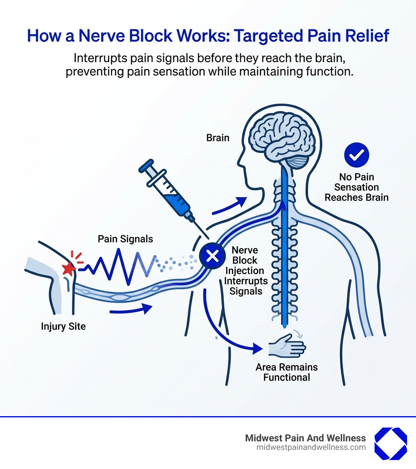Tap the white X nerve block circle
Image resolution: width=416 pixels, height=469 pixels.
tap(212, 256)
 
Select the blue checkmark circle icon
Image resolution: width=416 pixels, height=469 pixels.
tap(356, 155)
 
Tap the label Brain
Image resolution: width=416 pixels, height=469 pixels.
tap(218, 138)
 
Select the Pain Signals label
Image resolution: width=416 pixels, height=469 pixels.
tap(126, 239)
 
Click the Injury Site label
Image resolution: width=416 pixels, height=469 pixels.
tap(63, 326)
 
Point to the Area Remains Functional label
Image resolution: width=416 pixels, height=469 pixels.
tap(286, 372)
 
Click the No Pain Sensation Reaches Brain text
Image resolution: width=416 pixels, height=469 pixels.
tap(356, 187)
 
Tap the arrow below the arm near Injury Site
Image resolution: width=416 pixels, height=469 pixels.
tap(130, 311)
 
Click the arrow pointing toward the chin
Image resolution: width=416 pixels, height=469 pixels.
tap(230, 205)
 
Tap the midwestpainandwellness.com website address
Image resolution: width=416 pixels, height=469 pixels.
tap(311, 447)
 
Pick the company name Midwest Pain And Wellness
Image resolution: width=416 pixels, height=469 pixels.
tap(305, 438)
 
